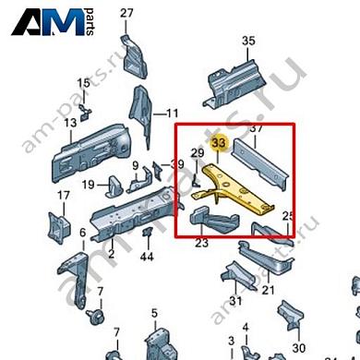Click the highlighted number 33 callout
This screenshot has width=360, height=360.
pyautogui.click(x=218, y=143)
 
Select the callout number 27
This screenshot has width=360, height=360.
pyautogui.click(x=126, y=12)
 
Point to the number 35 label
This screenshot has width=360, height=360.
pyautogui.click(x=247, y=41)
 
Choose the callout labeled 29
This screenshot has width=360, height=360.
pyautogui.click(x=197, y=152)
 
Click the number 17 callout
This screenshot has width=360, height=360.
pyautogui.click(x=64, y=196)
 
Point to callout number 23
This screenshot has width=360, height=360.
pyautogui.click(x=201, y=245)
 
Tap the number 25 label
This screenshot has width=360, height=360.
pyautogui.click(x=288, y=216)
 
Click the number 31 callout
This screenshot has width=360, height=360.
pyautogui.click(x=234, y=300)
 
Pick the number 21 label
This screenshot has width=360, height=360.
pyautogui.click(x=269, y=291)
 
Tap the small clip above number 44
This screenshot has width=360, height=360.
pyautogui.click(x=146, y=234)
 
